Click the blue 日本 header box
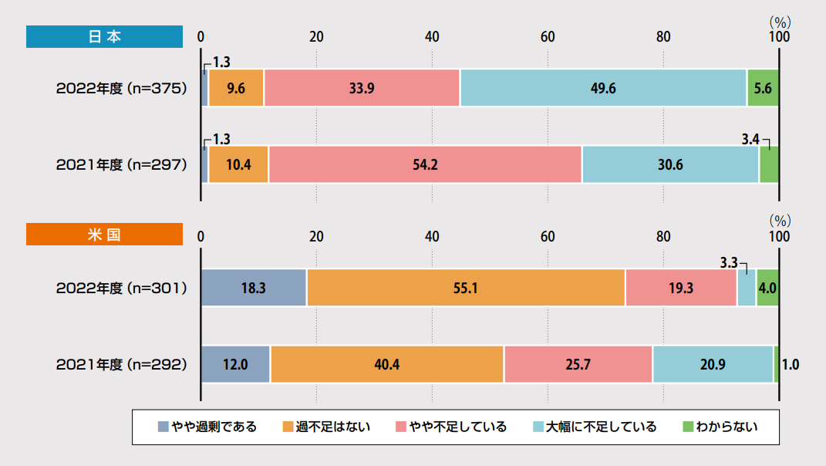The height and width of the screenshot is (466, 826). tap(104, 37)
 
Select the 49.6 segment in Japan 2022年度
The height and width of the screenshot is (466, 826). tap(602, 88)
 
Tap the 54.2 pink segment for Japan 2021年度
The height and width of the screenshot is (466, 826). tap(425, 164)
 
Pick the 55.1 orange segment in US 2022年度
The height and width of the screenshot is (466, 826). tap(466, 288)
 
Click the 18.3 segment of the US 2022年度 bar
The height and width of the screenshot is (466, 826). tap(253, 288)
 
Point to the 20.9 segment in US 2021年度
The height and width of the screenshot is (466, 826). tap(713, 364)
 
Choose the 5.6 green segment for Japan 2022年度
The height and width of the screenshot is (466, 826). tap(763, 88)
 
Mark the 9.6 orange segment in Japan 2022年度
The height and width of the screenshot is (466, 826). tap(236, 88)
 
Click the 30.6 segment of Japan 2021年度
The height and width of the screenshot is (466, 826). tap(670, 164)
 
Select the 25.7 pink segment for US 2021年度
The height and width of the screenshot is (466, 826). tap(578, 364)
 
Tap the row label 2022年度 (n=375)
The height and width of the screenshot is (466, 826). tap(122, 88)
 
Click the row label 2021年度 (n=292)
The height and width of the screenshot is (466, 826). tap(122, 364)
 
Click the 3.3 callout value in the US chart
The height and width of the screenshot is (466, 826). tap(729, 262)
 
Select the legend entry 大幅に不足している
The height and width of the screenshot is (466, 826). tap(594, 427)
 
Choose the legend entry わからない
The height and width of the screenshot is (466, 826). tap(720, 427)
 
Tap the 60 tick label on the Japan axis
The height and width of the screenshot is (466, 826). tap(548, 37)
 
